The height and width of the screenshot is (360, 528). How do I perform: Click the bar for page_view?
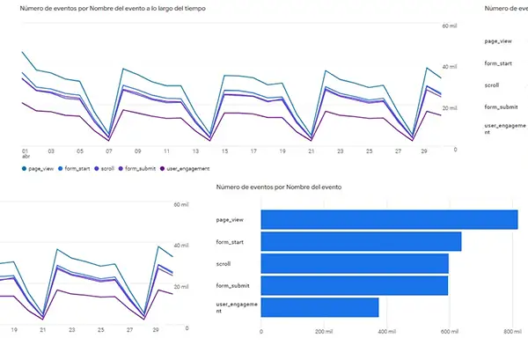point(390,219)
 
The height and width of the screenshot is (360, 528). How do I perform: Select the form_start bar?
point(362,241)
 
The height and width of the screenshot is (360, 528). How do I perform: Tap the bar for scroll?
point(356,263)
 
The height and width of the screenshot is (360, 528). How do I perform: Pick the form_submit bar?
point(356,285)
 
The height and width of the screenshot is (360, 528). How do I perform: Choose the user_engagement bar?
point(320,307)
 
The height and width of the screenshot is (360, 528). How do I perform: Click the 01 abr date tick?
point(26,154)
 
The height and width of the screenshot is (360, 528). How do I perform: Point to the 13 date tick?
point(195,151)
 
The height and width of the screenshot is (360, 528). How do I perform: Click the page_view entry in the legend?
point(39,168)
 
